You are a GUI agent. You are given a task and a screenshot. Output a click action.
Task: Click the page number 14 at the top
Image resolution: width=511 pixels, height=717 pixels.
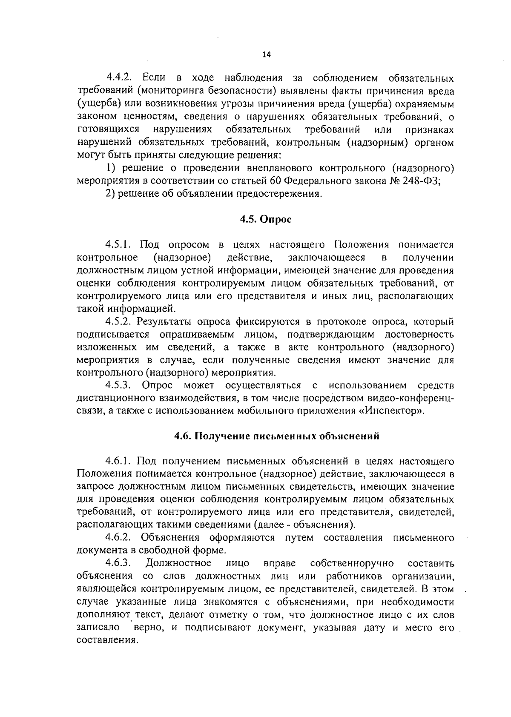click(267, 54)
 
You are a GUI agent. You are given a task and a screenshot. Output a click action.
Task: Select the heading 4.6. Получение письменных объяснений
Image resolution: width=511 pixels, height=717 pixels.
click(277, 436)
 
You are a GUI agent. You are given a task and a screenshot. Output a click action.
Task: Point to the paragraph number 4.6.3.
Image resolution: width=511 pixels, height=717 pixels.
click(118, 563)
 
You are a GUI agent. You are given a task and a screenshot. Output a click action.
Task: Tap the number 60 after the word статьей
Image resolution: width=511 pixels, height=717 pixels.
click(275, 181)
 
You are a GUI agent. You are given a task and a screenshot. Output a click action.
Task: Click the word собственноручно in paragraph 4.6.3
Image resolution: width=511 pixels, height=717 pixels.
click(352, 563)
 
